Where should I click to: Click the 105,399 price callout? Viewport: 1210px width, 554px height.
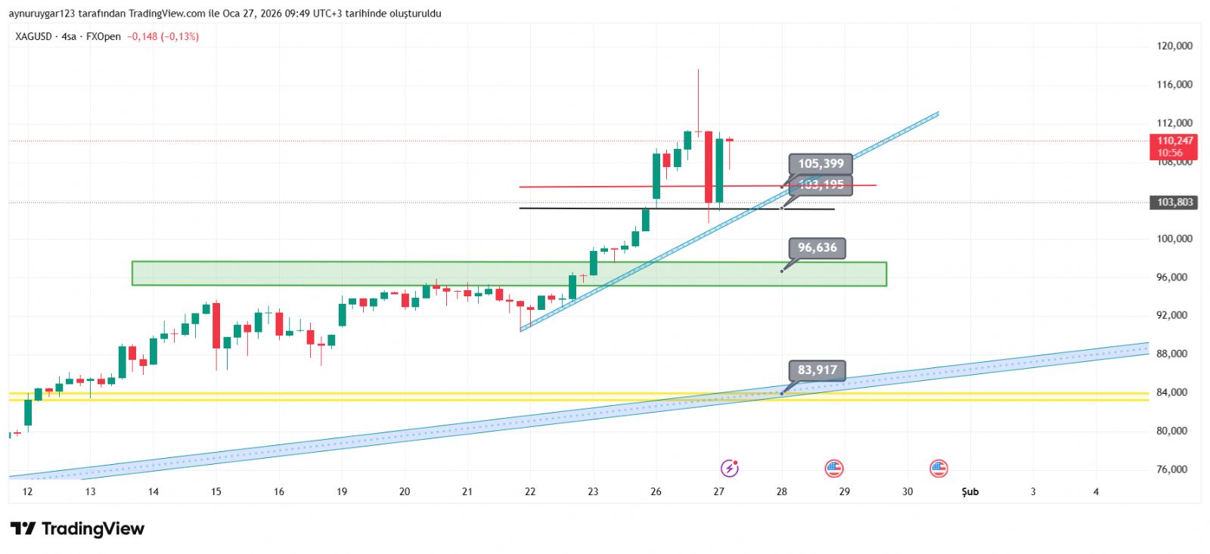click(821, 163)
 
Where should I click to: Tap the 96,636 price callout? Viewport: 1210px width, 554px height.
click(817, 248)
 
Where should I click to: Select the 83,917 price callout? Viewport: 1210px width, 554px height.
click(817, 370)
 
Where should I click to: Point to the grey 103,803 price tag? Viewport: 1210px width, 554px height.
click(1174, 203)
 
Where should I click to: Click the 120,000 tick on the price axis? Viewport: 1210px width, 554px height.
click(1174, 46)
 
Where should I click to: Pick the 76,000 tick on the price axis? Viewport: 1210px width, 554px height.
click(1171, 469)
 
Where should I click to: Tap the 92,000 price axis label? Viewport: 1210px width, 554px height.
click(1171, 315)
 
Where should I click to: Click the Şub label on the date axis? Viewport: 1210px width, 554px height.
click(970, 492)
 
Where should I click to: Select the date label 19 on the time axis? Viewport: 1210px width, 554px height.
click(342, 492)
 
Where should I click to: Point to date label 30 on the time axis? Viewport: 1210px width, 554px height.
click(907, 492)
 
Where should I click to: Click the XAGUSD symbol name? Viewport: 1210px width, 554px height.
click(33, 36)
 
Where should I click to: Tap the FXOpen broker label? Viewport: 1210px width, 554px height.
click(104, 36)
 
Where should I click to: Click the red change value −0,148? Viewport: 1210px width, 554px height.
click(142, 36)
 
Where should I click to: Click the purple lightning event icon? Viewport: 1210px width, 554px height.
click(729, 469)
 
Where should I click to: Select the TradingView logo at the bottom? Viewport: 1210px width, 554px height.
click(77, 528)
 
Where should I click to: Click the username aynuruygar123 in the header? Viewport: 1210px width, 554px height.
click(42, 14)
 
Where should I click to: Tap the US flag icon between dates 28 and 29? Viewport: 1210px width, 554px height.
click(833, 469)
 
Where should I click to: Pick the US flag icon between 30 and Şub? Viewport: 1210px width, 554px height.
click(939, 469)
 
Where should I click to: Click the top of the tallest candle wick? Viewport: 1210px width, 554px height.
click(698, 70)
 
